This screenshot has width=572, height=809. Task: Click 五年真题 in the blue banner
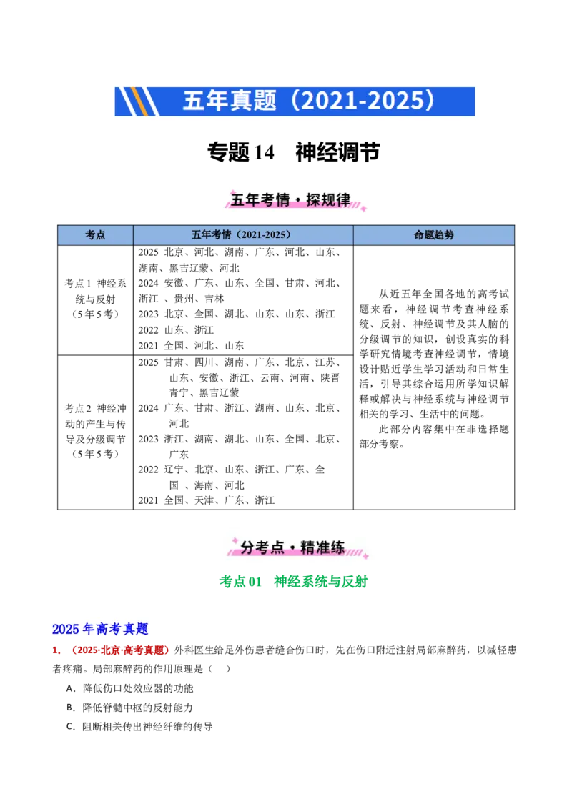[x=229, y=101]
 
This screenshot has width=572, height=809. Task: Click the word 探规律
[x=328, y=200]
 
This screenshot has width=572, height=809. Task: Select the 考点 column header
[x=95, y=235]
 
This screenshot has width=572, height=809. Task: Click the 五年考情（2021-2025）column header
[x=242, y=235]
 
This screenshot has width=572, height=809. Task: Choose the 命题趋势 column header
[x=433, y=235]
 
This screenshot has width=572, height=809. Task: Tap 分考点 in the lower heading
[x=257, y=548]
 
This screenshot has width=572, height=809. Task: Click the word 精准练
[x=323, y=548]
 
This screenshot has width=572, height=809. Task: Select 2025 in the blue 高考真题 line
[x=65, y=630]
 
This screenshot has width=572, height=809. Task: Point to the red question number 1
[x=55, y=651]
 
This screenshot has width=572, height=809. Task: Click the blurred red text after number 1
[x=120, y=651]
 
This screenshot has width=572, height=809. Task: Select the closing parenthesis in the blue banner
[x=429, y=101]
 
